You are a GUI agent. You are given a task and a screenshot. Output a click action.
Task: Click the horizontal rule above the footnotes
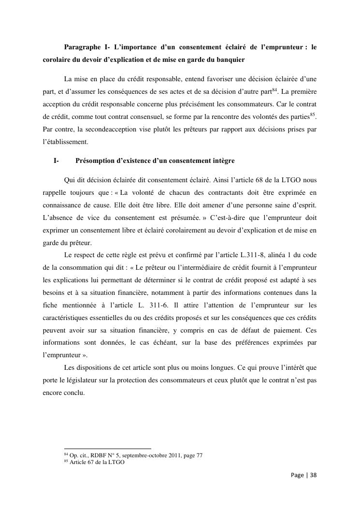[x=107, y=449]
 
